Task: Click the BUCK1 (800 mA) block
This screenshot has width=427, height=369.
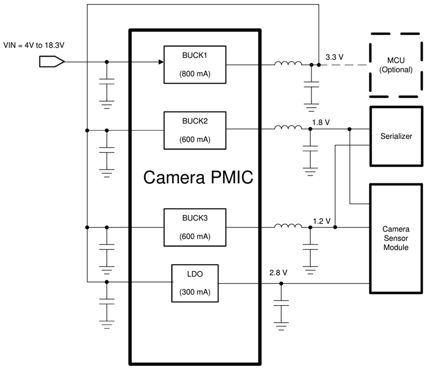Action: click(195, 64)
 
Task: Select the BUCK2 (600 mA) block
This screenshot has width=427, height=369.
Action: click(195, 130)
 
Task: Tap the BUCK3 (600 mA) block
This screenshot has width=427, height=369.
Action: click(195, 227)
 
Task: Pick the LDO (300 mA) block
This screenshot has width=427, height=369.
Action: click(195, 283)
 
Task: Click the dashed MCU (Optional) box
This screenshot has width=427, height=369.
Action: click(394, 65)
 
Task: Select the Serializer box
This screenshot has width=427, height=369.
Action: click(396, 136)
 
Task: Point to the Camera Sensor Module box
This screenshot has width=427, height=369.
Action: click(396, 238)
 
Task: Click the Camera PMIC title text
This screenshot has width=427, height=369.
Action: click(198, 178)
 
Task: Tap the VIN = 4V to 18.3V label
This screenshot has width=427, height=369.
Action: click(33, 45)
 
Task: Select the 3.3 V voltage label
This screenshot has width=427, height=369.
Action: click(334, 57)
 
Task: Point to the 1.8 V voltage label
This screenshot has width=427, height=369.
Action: click(321, 122)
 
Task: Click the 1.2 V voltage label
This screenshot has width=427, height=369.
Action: click(321, 221)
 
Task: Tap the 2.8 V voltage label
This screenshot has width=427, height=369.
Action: click(278, 272)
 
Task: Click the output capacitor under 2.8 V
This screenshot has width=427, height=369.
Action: click(281, 303)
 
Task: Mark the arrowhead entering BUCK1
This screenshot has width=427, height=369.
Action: click(160, 62)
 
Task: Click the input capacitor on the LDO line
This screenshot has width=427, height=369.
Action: click(107, 301)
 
